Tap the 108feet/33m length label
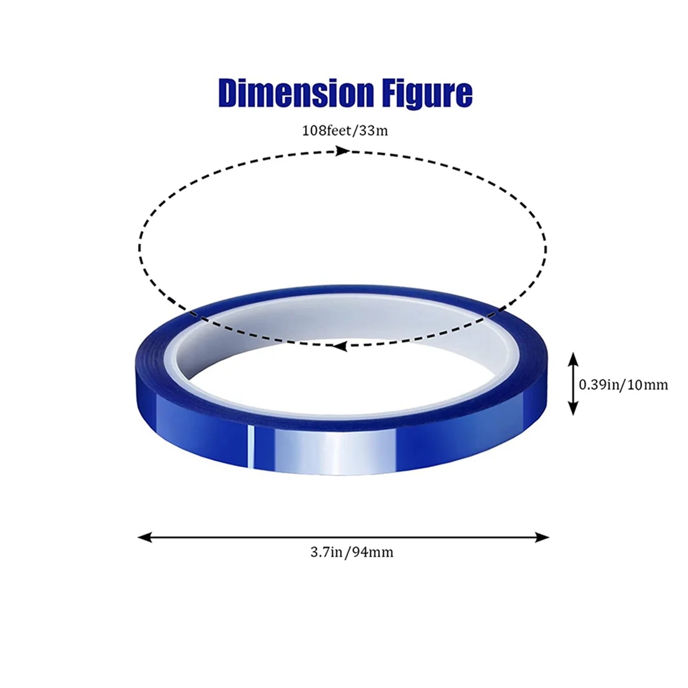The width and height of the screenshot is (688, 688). (345, 131)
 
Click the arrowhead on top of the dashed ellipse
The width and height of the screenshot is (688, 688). (342, 151)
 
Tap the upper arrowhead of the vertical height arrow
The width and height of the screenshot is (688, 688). (573, 359)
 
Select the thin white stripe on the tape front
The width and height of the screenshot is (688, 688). (250, 447)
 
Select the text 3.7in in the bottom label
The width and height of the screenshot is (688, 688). (326, 553)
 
